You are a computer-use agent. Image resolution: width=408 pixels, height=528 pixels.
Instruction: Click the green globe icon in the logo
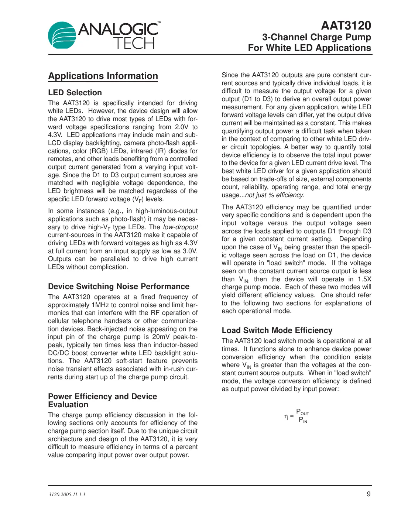(62, 35)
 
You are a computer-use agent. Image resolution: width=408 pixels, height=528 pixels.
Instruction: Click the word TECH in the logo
(134, 44)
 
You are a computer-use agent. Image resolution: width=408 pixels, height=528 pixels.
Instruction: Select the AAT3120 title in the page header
(346, 25)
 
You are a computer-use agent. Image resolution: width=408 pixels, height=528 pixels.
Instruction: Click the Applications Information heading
(103, 76)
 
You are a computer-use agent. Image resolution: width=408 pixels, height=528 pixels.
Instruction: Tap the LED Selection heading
(75, 93)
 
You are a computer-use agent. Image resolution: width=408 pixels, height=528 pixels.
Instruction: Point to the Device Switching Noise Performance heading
(119, 287)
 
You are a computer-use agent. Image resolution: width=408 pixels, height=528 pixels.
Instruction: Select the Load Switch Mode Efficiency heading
(277, 330)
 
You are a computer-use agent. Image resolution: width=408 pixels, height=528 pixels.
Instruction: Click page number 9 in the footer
(368, 494)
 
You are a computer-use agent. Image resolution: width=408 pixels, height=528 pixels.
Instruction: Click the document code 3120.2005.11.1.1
(67, 494)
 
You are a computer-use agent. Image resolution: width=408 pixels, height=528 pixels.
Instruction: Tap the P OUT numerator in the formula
(302, 412)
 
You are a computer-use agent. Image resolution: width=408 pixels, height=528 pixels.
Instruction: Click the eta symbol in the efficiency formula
(286, 416)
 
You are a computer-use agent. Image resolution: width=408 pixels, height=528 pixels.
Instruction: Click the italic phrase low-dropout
(180, 227)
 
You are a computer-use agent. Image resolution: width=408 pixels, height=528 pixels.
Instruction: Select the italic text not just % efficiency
(274, 195)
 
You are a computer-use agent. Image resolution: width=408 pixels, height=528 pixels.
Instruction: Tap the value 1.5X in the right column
(364, 279)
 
